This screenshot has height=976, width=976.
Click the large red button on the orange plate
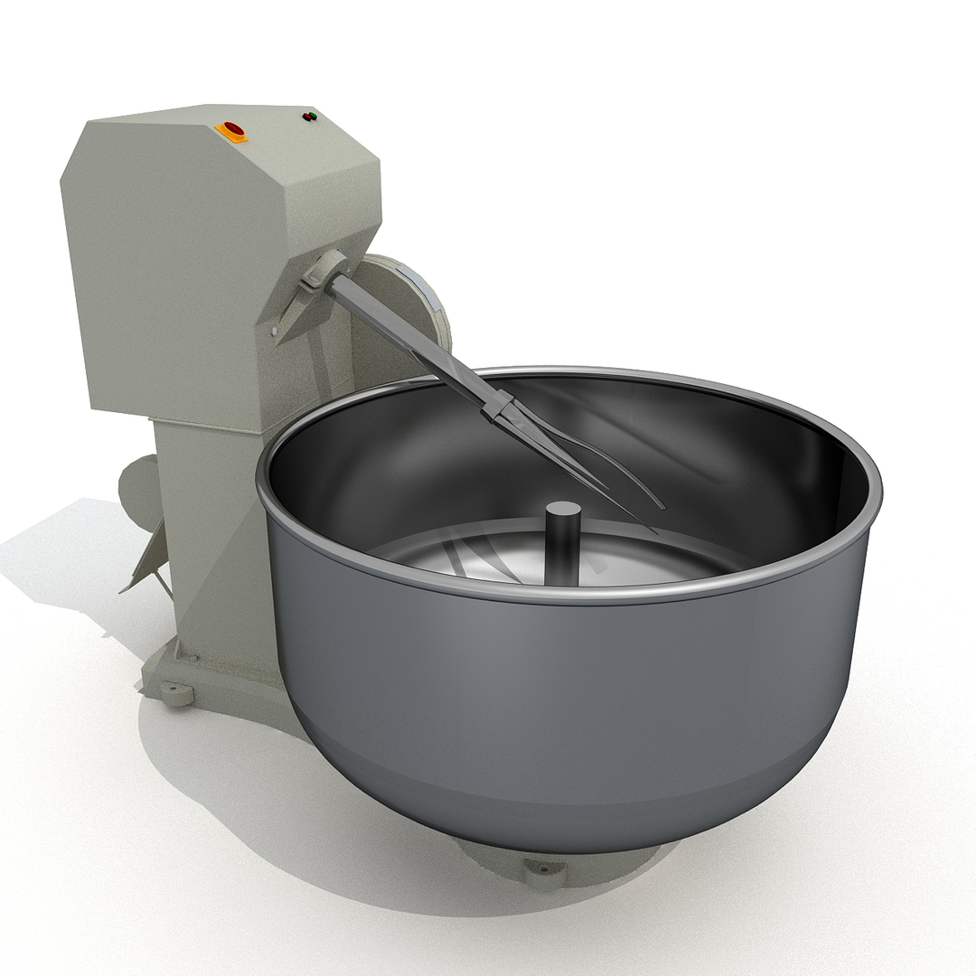[x=232, y=129]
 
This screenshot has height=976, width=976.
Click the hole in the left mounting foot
[x=174, y=694]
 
